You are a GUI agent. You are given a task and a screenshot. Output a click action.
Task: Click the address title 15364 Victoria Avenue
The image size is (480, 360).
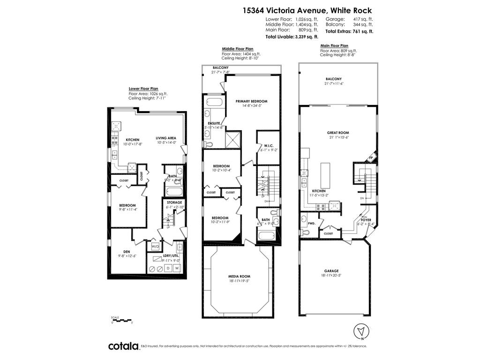(307, 10)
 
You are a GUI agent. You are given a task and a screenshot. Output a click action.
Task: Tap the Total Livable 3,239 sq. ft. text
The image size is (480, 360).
(292, 36)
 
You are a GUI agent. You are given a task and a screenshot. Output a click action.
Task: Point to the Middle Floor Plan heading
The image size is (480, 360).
(238, 49)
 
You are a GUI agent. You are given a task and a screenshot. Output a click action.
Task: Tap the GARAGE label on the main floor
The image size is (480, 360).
(331, 271)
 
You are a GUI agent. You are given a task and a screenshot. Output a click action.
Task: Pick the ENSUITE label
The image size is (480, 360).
(214, 123)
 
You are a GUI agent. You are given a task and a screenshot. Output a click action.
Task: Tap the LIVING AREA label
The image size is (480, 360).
(166, 138)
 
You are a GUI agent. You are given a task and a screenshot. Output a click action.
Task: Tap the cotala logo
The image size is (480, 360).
(123, 346)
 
